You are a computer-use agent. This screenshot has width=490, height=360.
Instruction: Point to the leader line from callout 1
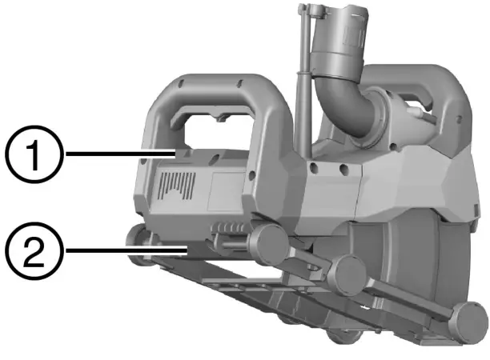120,150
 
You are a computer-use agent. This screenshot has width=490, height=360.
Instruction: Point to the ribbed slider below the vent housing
228,232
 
